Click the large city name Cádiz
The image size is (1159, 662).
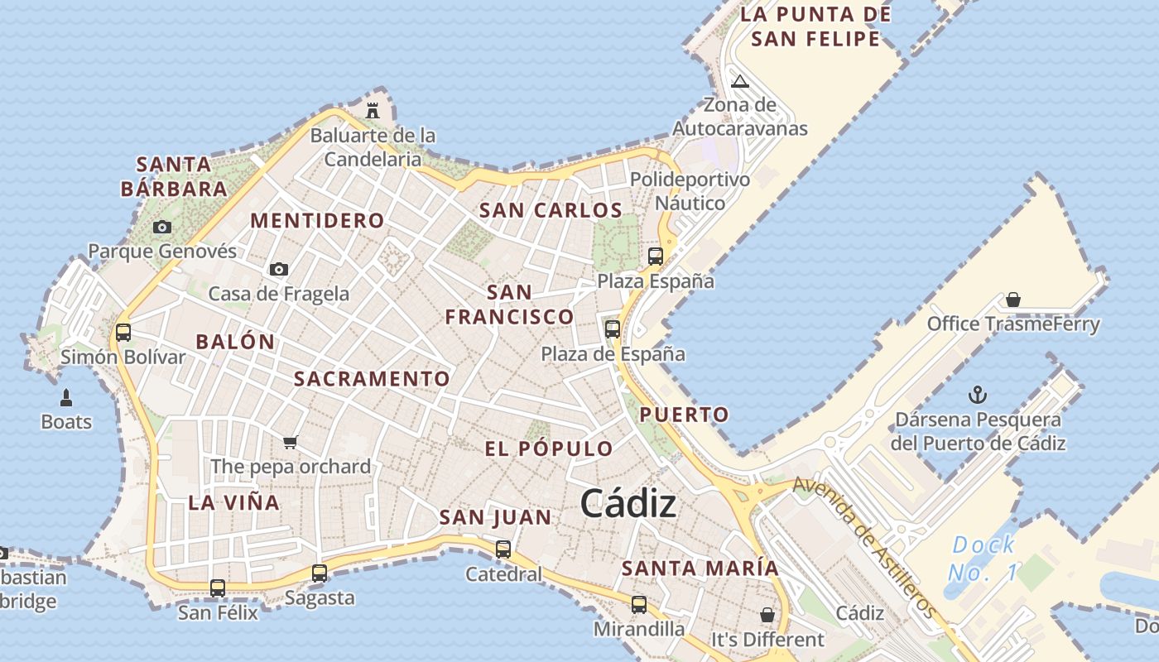tap(628, 502)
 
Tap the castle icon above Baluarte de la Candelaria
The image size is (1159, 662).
tap(373, 110)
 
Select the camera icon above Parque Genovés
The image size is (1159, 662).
tap(162, 227)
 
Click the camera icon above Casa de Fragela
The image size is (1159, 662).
tap(279, 269)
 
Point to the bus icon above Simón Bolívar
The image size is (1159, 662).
tap(123, 333)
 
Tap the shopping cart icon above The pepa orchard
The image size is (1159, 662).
tap(290, 442)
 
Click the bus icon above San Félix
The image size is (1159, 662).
tap(218, 588)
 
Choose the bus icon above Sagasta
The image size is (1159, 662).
tap(320, 573)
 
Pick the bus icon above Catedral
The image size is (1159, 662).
tap(503, 549)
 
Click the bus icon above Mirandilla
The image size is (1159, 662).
tap(639, 605)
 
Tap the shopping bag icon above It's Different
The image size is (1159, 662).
tap(767, 615)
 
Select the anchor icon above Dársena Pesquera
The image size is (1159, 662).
tap(978, 395)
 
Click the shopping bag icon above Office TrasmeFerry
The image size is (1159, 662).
tap(1013, 299)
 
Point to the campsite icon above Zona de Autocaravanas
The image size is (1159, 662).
tap(740, 80)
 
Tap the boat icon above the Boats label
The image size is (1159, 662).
tap(66, 397)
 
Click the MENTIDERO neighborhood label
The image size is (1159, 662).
tap(317, 221)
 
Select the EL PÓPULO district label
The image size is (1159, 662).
tap(549, 449)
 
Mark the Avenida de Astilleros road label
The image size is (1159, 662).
tap(865, 546)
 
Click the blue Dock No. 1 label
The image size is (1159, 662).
tap(983, 558)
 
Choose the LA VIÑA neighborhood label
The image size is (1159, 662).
tap(233, 502)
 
